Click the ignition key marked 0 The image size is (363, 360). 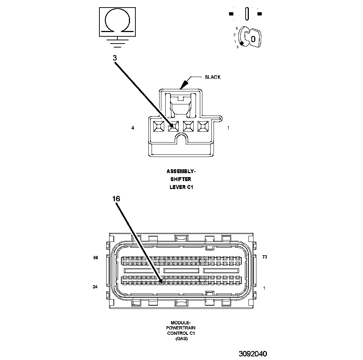tap(252, 37)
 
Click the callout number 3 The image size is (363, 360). tap(115, 58)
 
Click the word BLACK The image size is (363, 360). tap(212, 77)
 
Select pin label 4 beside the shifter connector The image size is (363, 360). tap(133, 128)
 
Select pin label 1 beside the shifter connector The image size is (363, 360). tap(228, 128)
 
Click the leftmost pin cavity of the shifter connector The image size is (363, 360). tap(158, 126)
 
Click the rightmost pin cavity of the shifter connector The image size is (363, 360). tap(203, 126)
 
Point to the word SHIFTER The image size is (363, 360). tap(181, 179)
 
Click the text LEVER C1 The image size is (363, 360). tap(181, 186)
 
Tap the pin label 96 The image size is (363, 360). tap(95, 258)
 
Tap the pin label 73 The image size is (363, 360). tap(265, 257)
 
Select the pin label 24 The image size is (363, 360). tap(95, 287)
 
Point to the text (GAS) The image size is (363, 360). tap(181, 339)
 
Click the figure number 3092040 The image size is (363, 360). tap(252, 354)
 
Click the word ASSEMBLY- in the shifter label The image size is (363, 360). tap(181, 171)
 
